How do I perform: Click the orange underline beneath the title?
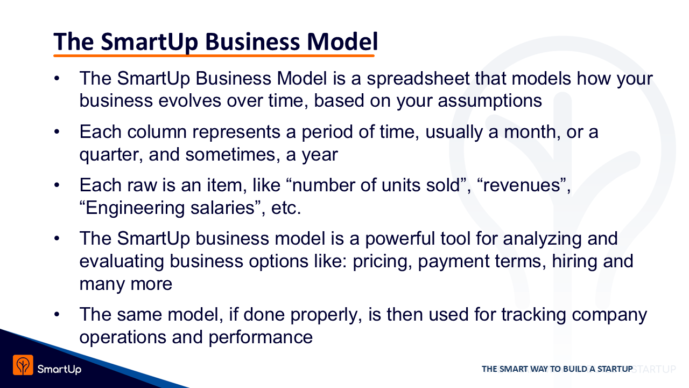click(214, 56)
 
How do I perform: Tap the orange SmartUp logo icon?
click(23, 365)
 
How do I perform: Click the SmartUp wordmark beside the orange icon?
click(59, 369)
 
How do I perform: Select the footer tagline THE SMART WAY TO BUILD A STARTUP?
click(557, 369)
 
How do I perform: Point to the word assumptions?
click(490, 101)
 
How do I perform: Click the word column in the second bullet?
click(157, 132)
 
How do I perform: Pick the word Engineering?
click(135, 208)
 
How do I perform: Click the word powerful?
click(400, 239)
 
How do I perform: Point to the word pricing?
click(382, 261)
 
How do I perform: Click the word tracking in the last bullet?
click(533, 315)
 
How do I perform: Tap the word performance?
click(261, 337)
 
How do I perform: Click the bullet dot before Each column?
click(57, 132)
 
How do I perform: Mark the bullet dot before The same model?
click(57, 315)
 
